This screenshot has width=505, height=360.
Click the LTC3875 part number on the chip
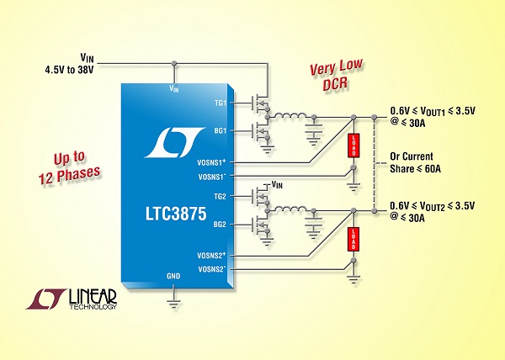[176, 214]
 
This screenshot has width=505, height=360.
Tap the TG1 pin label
[221, 103]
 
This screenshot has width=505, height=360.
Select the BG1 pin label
[221, 131]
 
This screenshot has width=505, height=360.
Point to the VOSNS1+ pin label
[211, 162]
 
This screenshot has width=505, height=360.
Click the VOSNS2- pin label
[211, 269]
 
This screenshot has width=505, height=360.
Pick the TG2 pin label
[220, 196]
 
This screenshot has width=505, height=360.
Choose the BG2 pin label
[220, 225]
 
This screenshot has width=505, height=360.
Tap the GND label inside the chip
[173, 276]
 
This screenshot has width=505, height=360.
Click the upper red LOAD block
[353, 146]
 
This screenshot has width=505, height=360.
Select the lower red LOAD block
[353, 239]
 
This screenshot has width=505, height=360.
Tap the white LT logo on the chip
[174, 142]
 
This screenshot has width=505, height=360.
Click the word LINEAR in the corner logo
[93, 296]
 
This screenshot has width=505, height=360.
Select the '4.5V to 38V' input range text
[69, 69]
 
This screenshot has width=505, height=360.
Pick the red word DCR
[336, 83]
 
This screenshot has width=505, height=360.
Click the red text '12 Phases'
[69, 176]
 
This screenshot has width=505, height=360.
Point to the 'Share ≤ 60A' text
[415, 168]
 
